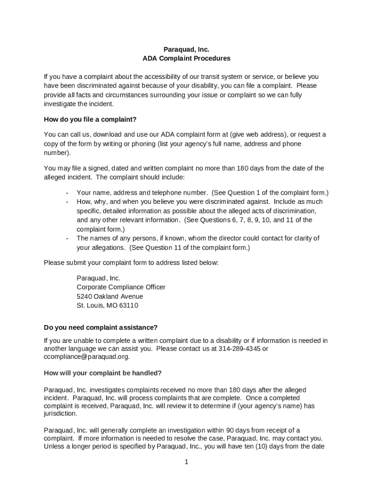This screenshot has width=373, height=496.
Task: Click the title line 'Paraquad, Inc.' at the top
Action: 186,49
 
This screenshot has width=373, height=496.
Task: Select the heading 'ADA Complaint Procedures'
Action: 186,59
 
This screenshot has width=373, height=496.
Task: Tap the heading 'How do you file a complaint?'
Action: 90,119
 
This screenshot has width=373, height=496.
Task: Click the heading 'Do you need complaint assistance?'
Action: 100,327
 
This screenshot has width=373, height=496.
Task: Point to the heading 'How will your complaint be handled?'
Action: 103,373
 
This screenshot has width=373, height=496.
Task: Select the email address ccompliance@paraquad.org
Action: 86,357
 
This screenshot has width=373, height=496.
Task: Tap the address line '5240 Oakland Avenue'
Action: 110,296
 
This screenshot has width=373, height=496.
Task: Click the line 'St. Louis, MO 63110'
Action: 108,306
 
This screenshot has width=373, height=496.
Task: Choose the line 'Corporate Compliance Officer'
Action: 121,287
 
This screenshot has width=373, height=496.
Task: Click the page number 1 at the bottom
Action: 186,462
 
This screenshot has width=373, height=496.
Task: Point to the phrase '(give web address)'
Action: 257,135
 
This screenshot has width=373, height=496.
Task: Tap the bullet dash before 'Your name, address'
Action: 67,193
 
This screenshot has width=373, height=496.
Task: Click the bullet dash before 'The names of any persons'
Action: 67,238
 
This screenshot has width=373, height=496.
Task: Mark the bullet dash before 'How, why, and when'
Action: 67,202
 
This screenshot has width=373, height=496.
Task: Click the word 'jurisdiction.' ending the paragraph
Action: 60,414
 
